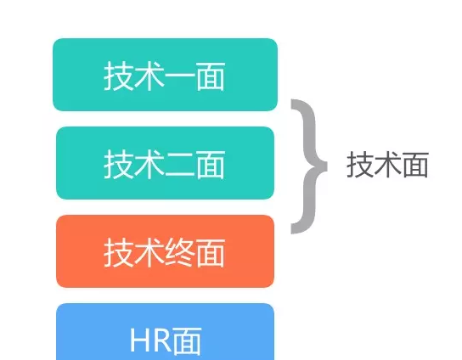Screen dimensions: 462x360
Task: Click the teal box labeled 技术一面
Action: click(165, 75)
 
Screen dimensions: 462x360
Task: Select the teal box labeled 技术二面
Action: click(165, 163)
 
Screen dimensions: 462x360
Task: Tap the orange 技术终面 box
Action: click(165, 251)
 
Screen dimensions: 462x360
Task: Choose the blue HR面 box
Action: click(165, 332)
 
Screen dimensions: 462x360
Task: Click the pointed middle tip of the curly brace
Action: click(327, 166)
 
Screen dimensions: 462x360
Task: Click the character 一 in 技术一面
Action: click(180, 76)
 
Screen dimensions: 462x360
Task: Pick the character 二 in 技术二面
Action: click(180, 165)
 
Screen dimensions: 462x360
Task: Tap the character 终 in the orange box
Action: click(180, 253)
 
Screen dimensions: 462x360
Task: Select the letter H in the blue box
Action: click(140, 340)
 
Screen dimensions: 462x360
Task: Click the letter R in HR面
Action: click(161, 340)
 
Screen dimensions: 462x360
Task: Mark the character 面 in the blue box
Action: click(187, 340)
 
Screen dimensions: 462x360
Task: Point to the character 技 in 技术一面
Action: click(119, 76)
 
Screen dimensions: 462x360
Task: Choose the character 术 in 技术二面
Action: click(149, 164)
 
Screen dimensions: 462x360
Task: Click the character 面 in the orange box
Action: click(211, 253)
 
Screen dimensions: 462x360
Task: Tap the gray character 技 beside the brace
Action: click(360, 165)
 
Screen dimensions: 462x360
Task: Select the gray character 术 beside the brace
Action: click(387, 165)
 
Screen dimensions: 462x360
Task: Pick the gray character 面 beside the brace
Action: click(415, 165)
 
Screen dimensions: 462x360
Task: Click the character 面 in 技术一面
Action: click(211, 76)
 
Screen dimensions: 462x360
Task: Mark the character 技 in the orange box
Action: click(119, 253)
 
